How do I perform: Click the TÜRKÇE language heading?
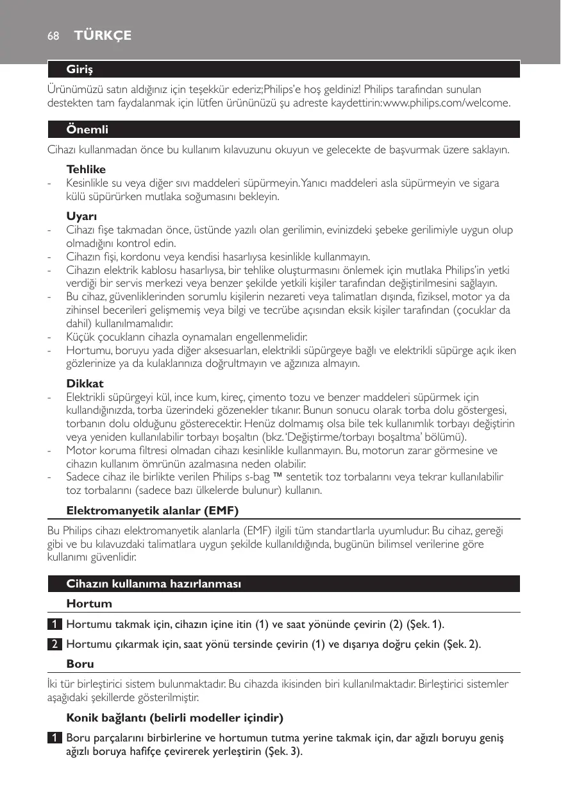point(103,36)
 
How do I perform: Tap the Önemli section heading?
point(87,130)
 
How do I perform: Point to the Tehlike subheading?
point(86,170)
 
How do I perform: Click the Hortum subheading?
point(89,604)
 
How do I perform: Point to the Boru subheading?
point(80,665)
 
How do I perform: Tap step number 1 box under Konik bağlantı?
point(57,738)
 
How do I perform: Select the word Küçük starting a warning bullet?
point(80,337)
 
